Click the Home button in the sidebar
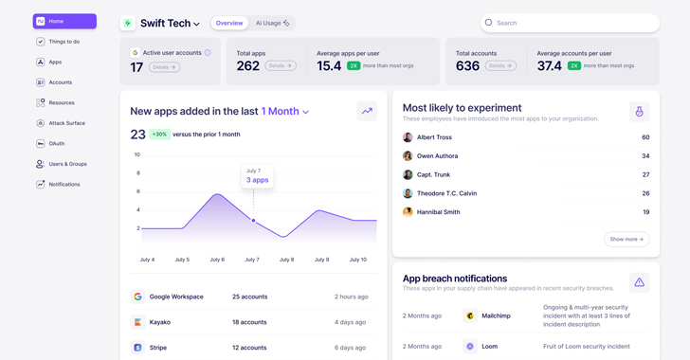tap(64, 21)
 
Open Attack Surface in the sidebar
tap(66, 123)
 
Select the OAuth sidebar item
tap(56, 144)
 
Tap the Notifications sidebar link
tap(64, 185)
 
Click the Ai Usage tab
tap(273, 23)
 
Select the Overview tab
tap(228, 23)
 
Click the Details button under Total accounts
tap(500, 66)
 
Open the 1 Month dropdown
tap(285, 112)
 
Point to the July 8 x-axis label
tap(286, 260)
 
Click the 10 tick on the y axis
tap(137, 154)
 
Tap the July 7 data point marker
tap(253, 221)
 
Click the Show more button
tap(626, 240)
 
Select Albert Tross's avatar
tap(408, 137)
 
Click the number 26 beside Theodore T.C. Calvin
tap(645, 193)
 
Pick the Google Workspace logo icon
tap(137, 297)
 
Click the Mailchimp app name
tap(496, 315)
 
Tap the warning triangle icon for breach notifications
tap(639, 282)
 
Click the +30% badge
tap(159, 135)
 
